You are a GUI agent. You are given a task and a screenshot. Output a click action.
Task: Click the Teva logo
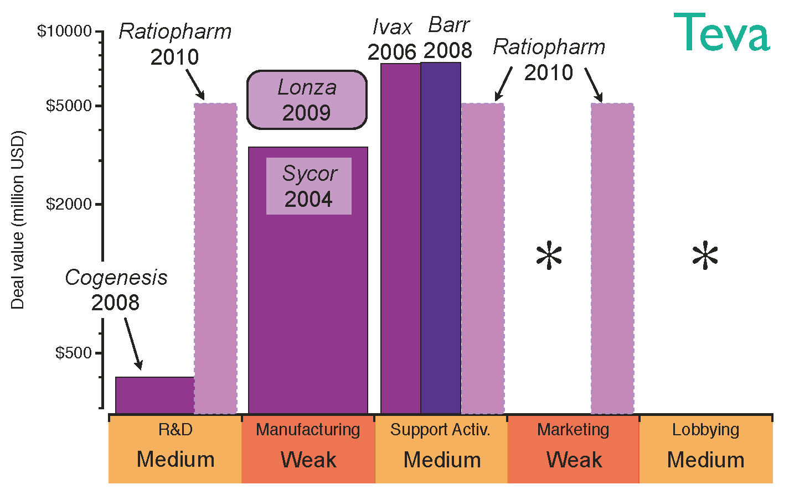pyautogui.click(x=721, y=33)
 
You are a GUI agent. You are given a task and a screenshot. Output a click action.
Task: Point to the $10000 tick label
pyautogui.click(x=64, y=31)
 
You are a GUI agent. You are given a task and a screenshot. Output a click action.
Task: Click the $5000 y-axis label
pyautogui.click(x=69, y=106)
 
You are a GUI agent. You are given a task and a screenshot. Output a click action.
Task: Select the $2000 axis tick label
pyautogui.click(x=69, y=204)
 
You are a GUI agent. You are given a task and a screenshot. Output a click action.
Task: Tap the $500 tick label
pyautogui.click(x=73, y=353)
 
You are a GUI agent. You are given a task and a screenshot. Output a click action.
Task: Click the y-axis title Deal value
pyautogui.click(x=18, y=220)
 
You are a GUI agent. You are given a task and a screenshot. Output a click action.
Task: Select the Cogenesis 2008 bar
pyautogui.click(x=154, y=395)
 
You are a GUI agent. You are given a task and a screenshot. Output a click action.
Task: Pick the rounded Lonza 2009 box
pyautogui.click(x=307, y=100)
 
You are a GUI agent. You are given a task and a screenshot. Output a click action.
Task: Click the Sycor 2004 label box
pyautogui.click(x=308, y=186)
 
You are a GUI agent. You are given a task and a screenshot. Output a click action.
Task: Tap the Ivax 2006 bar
pyautogui.click(x=400, y=238)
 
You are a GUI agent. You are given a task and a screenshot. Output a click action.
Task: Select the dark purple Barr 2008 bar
pyautogui.click(x=441, y=238)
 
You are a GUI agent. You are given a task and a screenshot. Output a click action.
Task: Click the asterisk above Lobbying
pyautogui.click(x=705, y=256)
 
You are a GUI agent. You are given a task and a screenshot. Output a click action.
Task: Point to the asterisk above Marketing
pyautogui.click(x=549, y=256)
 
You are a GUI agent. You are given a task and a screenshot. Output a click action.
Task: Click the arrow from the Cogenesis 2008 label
pyautogui.click(x=133, y=343)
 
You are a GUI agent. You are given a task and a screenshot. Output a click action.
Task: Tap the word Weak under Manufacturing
pyautogui.click(x=308, y=460)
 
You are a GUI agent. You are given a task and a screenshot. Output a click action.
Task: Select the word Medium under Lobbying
pyautogui.click(x=705, y=460)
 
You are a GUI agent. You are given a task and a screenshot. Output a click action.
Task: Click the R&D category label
pyautogui.click(x=176, y=430)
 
